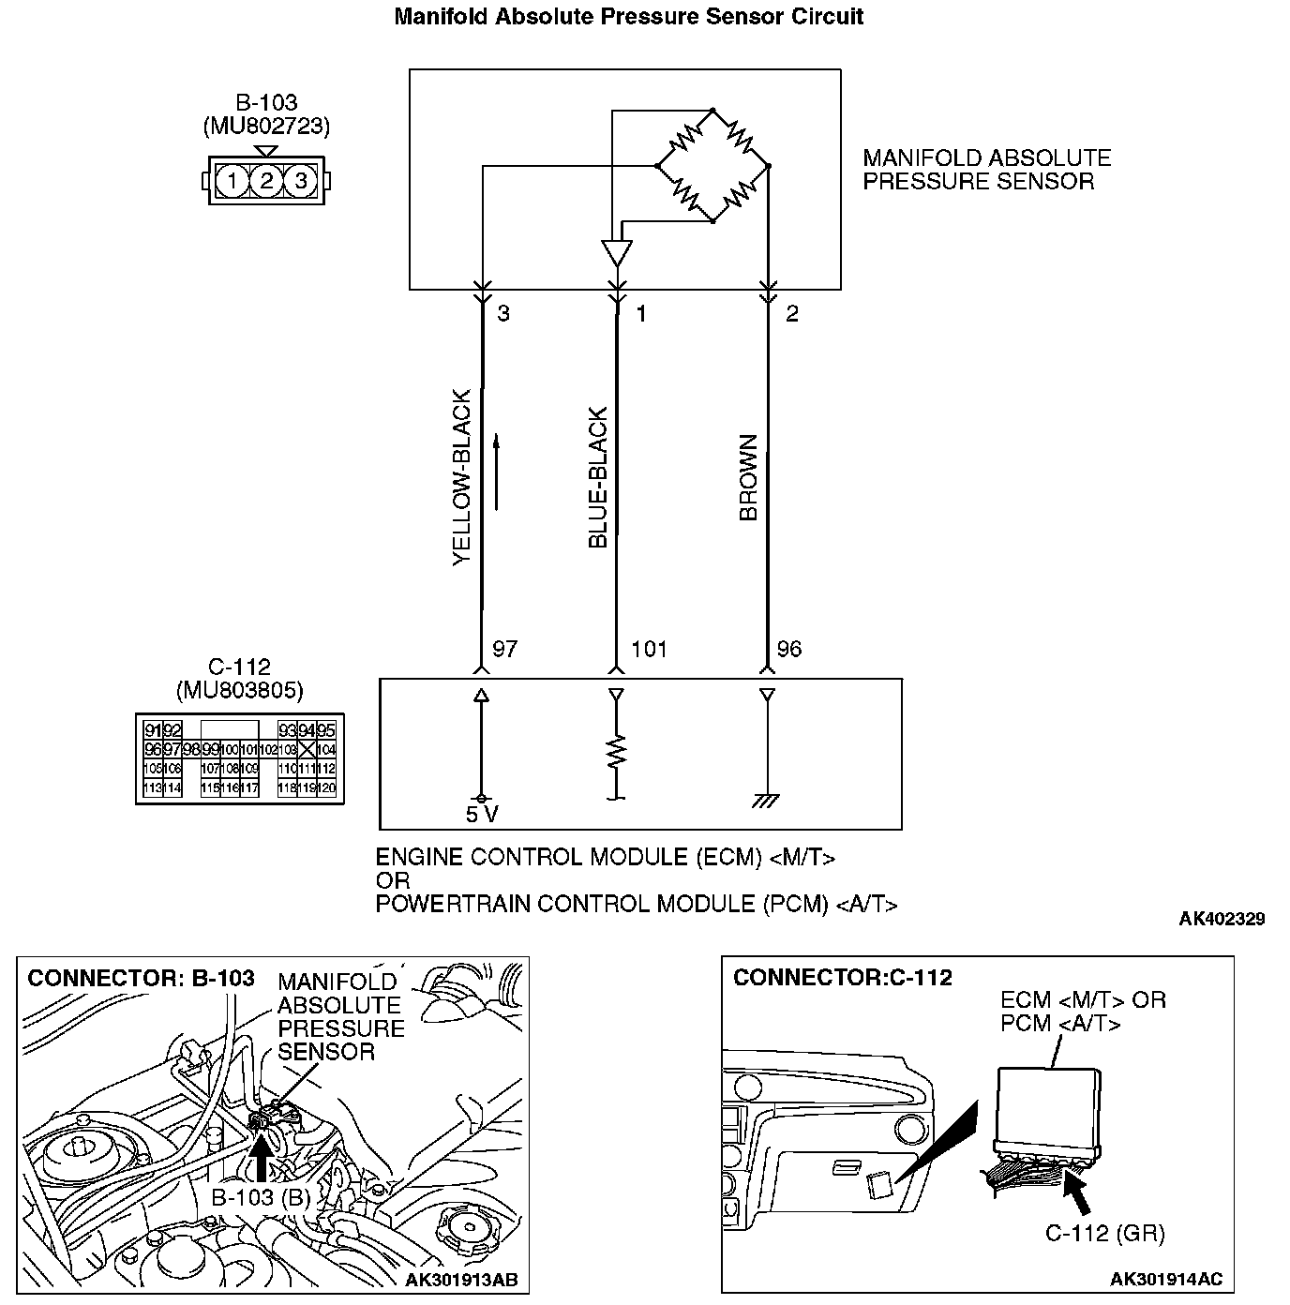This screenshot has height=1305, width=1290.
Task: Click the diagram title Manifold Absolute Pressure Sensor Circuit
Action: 628,16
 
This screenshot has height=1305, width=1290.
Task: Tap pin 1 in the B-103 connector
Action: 232,180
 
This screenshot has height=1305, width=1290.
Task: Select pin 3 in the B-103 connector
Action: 300,180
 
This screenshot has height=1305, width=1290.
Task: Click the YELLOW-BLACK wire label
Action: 462,478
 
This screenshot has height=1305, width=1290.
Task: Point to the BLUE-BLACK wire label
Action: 598,478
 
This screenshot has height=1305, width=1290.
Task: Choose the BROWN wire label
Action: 748,478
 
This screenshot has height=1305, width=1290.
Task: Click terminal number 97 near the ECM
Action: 504,649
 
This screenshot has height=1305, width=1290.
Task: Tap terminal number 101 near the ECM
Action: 649,649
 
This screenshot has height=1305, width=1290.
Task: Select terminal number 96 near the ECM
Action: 789,649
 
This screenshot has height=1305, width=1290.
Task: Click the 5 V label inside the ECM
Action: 482,815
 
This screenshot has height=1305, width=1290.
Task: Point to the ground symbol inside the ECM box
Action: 767,801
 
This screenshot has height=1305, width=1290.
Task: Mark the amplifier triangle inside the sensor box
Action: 616,254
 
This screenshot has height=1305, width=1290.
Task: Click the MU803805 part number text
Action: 240,691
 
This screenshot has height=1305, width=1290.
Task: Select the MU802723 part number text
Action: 266,126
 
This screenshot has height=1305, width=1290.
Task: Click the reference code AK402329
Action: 1222,919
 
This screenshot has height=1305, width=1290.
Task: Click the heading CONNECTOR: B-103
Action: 141,979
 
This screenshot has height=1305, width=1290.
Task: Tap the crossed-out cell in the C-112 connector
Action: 307,750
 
